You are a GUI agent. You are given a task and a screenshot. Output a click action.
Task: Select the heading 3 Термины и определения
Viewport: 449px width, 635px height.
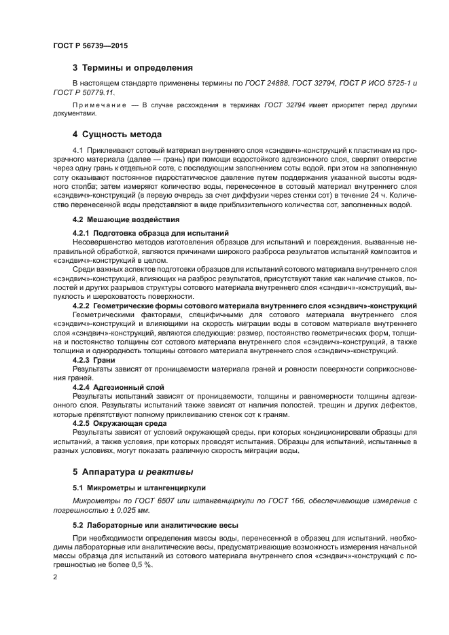[x=132, y=68]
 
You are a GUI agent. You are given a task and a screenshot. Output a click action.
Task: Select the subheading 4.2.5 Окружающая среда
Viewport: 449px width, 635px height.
[x=115, y=422]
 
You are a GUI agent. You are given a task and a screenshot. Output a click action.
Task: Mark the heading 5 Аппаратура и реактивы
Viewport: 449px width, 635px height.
[x=132, y=471]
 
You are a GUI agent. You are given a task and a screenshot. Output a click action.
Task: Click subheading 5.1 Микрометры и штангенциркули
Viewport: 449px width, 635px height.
[x=139, y=488]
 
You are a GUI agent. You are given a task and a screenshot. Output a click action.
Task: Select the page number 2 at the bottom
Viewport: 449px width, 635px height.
[x=54, y=576]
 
